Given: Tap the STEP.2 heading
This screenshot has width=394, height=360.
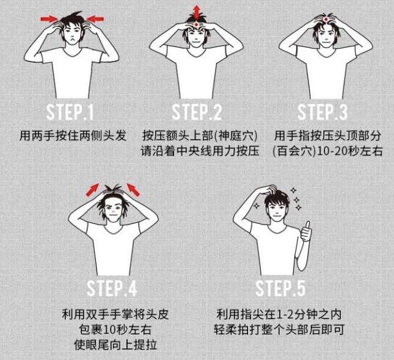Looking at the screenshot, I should click(197, 112).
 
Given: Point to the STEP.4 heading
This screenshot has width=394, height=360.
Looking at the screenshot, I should click(112, 287).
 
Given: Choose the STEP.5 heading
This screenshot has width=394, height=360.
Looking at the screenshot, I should click(280, 287).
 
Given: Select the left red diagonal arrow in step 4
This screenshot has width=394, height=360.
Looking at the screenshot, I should click(92, 189).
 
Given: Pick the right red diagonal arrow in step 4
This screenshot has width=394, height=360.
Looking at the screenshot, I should click(132, 189).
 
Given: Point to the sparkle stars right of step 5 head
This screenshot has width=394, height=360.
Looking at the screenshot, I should click(297, 198).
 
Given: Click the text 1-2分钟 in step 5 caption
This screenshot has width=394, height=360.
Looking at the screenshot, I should click(290, 315).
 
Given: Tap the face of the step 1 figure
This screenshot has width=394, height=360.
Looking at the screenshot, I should click(72, 34).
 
